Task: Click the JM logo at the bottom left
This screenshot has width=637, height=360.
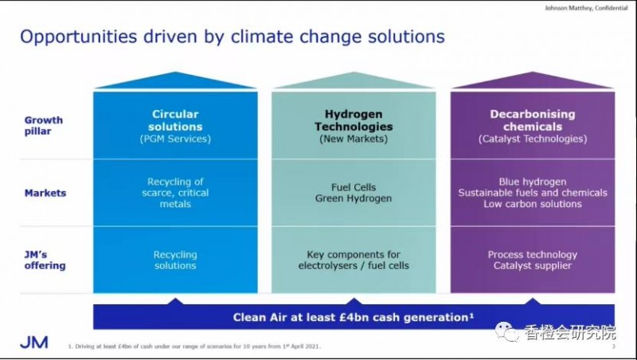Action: click(x=34, y=342)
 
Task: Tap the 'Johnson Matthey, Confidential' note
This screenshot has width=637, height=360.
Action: click(x=586, y=8)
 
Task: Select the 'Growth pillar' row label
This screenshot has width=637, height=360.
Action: click(x=44, y=126)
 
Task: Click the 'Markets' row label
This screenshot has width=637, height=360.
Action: click(x=45, y=193)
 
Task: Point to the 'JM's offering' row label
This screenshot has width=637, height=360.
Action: click(x=45, y=260)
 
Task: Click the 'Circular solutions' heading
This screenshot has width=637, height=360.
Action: click(x=175, y=120)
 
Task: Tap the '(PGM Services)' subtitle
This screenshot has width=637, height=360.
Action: click(x=175, y=139)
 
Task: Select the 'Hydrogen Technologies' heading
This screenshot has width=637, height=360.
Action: click(x=354, y=120)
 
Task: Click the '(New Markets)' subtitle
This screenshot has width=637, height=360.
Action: click(x=354, y=139)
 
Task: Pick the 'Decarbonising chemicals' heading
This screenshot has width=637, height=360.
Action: click(x=533, y=120)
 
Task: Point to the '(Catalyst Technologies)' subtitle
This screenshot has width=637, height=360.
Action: click(x=533, y=139)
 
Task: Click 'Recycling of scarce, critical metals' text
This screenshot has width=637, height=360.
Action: click(x=175, y=193)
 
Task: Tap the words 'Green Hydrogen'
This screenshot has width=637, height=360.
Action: click(x=354, y=198)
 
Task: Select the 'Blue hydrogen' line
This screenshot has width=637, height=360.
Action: click(x=533, y=182)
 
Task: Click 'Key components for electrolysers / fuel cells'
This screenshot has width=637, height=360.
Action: click(x=354, y=260)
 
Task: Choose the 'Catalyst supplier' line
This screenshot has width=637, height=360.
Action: click(x=533, y=266)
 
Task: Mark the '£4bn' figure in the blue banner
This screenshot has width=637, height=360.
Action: click(x=354, y=317)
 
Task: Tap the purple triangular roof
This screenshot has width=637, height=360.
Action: click(x=533, y=80)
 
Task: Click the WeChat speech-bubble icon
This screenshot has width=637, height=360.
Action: click(x=506, y=332)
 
